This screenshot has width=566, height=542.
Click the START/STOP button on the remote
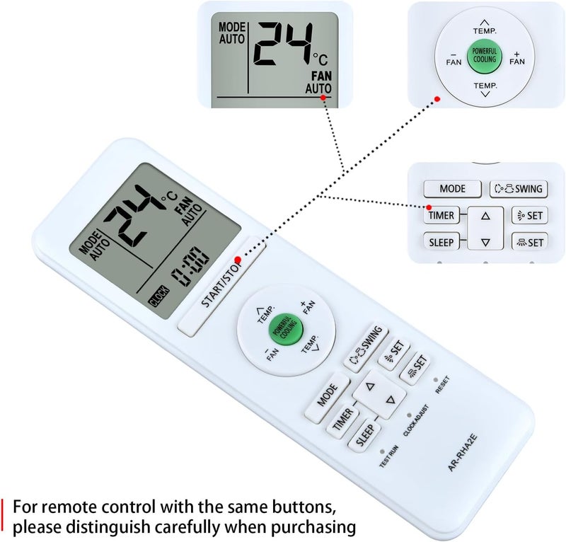point(221,287)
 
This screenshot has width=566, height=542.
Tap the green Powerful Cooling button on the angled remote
point(286,329)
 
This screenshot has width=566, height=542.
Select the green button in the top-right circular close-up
point(485,56)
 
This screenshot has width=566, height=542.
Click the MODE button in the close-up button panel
point(452,188)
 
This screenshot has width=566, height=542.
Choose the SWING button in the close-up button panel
point(519,188)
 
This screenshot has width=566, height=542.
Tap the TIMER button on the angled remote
point(342,420)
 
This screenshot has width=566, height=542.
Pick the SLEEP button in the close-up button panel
point(441,241)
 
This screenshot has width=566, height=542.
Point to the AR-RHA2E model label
point(463,453)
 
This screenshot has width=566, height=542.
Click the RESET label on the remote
point(442,385)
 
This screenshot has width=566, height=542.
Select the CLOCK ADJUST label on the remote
point(416,420)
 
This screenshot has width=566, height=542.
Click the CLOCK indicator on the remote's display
point(158,296)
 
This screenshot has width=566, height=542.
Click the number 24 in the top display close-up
point(282,45)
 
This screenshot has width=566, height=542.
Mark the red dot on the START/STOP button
point(238,260)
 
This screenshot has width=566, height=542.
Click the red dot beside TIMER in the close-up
point(429,207)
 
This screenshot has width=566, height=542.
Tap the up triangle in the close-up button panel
point(485,216)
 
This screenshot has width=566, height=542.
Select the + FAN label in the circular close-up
point(517,58)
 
